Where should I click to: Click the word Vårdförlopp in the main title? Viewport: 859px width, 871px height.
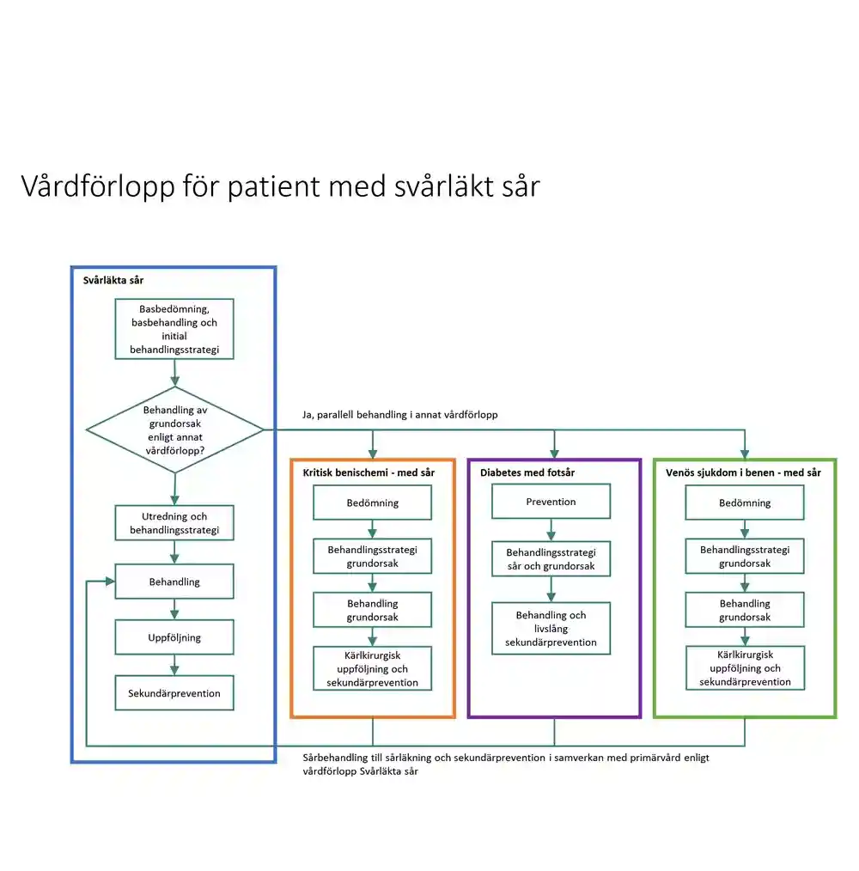point(98,186)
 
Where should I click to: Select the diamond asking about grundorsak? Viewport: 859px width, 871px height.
point(175,430)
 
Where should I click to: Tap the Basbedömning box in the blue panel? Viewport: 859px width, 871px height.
point(174,329)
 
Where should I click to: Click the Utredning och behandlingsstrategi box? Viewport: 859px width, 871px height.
point(174,523)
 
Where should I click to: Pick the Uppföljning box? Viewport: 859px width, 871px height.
point(174,637)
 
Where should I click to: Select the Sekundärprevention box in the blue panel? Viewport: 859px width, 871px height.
point(174,692)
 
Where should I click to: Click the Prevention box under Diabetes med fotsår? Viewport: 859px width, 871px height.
point(551,502)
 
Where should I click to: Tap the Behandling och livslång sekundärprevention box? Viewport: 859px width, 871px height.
point(551,628)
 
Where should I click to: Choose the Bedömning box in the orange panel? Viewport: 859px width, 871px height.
point(372,502)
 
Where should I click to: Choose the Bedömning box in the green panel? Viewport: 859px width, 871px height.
point(745,502)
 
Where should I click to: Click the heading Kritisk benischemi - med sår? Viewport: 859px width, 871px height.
point(369,472)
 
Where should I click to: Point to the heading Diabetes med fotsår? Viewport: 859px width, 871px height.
point(527,472)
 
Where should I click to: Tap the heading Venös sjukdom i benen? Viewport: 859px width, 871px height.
point(743,472)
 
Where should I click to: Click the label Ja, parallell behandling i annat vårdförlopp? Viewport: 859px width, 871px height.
point(400,415)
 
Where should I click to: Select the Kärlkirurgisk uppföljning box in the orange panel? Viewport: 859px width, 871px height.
point(372,668)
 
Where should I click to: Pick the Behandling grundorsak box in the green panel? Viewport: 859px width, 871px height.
point(745,610)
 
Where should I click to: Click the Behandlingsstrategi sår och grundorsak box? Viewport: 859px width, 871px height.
point(551,559)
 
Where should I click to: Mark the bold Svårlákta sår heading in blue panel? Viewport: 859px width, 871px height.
point(113,281)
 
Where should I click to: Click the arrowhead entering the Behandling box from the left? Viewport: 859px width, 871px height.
point(110,582)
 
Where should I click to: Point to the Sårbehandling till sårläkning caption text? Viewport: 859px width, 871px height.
point(506,764)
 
